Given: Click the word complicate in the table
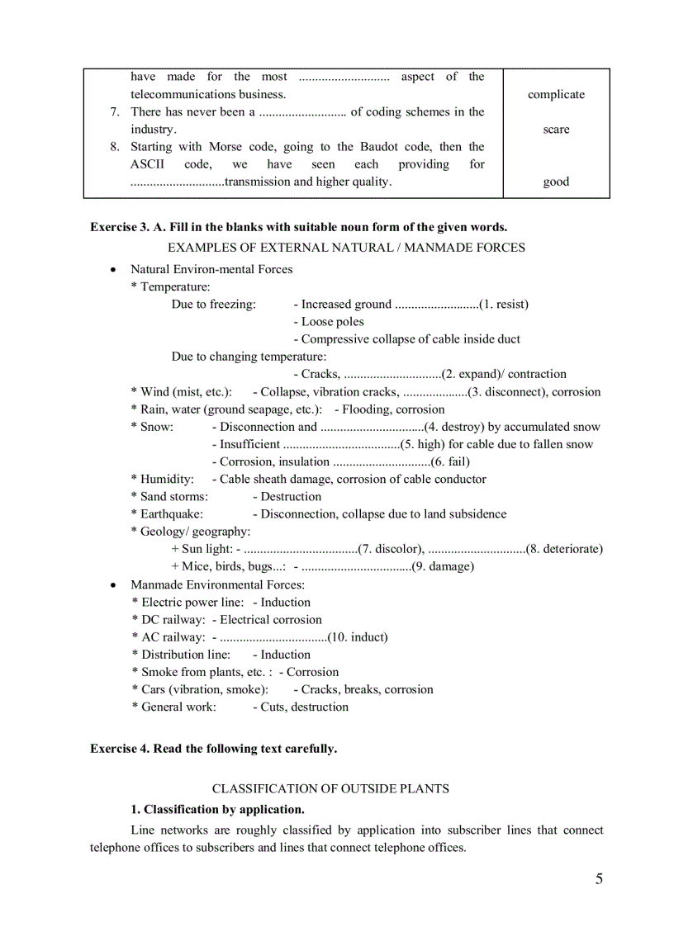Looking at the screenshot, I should point(556,95).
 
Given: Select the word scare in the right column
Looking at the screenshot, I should point(556,130).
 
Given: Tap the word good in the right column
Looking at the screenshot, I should point(556,182).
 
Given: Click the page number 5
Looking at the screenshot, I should point(599,878).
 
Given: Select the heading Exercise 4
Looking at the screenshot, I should point(213,749).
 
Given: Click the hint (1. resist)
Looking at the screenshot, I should point(504,305).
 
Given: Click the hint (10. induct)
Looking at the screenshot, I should point(357,637).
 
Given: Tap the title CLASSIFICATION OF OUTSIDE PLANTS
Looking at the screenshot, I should point(330,788).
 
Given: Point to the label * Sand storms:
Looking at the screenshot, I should point(169,497).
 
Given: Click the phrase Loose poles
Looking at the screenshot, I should point(332,322).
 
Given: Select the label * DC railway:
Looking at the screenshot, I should point(168,620).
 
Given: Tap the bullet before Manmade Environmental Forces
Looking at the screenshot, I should point(113,585).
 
